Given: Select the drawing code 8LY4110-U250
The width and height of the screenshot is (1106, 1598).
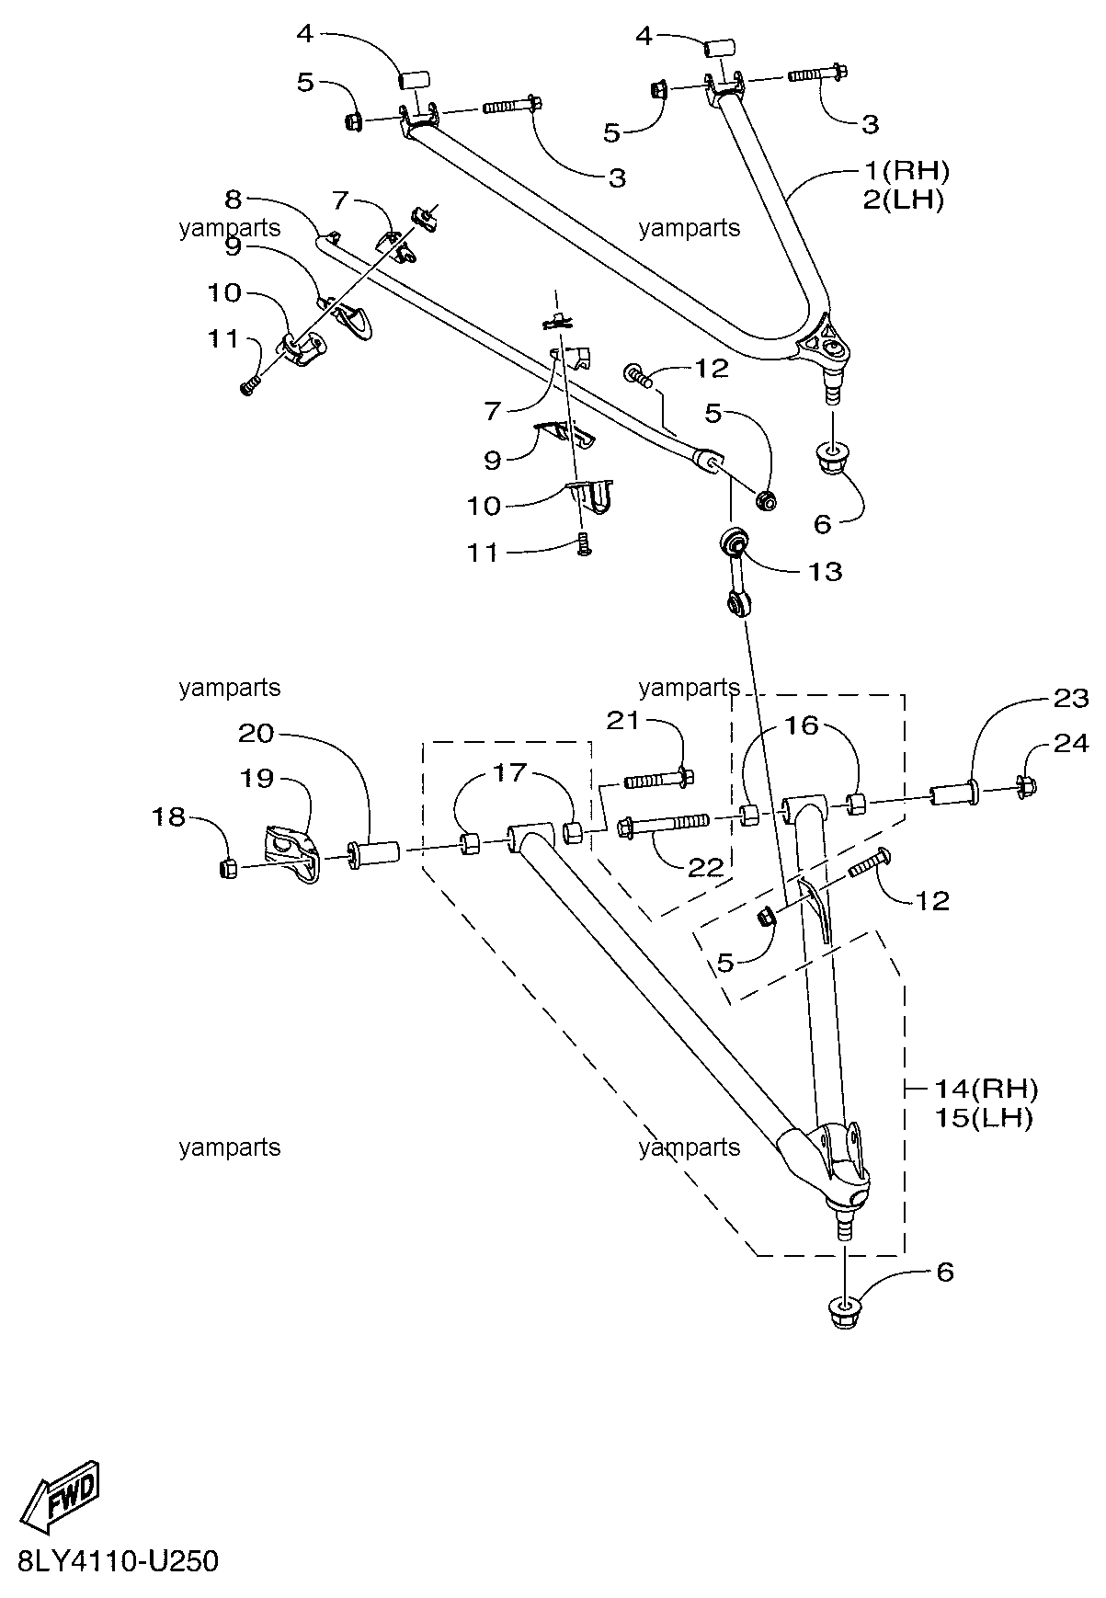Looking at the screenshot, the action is pyautogui.click(x=118, y=1561).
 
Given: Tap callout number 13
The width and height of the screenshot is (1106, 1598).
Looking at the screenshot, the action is pyautogui.click(x=825, y=571).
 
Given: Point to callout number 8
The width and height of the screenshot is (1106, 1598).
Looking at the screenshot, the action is pyautogui.click(x=233, y=198).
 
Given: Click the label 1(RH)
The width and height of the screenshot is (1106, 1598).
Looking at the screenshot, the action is pyautogui.click(x=906, y=170).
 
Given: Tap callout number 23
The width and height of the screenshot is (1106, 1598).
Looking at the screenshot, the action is pyautogui.click(x=1069, y=698).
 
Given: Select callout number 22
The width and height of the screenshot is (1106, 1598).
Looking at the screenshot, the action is pyautogui.click(x=706, y=867).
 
